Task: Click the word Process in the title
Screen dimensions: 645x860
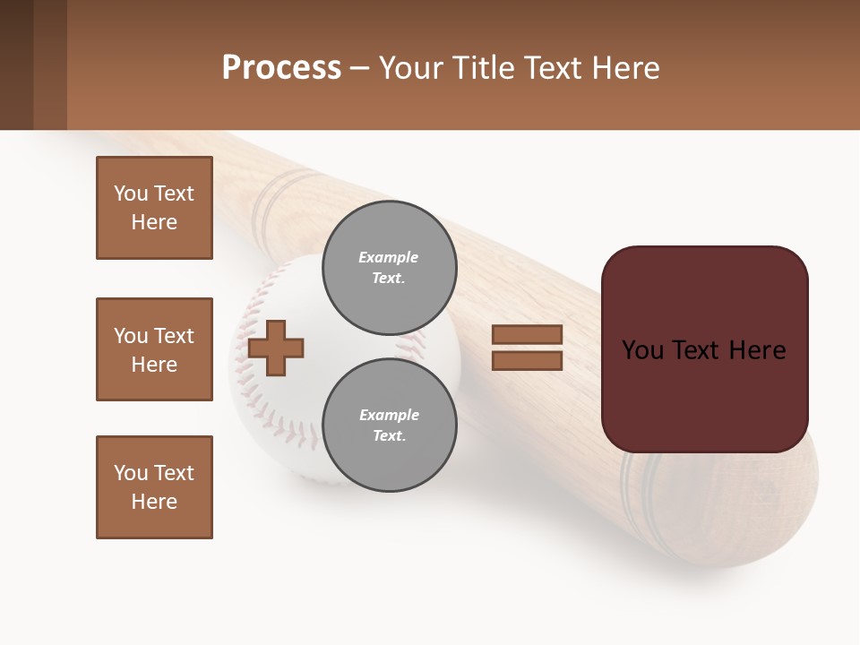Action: click(281, 68)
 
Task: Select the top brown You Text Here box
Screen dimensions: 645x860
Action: click(154, 208)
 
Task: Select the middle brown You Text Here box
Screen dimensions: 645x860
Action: click(154, 349)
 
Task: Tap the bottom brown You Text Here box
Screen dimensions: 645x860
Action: click(154, 487)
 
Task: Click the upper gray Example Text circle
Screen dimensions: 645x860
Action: click(389, 267)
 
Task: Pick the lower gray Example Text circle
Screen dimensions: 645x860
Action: click(389, 425)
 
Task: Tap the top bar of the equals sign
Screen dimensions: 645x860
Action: click(528, 334)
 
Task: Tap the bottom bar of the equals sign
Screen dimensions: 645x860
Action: click(528, 361)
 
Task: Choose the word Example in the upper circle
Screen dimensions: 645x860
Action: click(389, 257)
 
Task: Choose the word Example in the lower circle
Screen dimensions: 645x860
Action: click(389, 415)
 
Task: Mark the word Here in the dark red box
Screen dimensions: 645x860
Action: click(757, 350)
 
